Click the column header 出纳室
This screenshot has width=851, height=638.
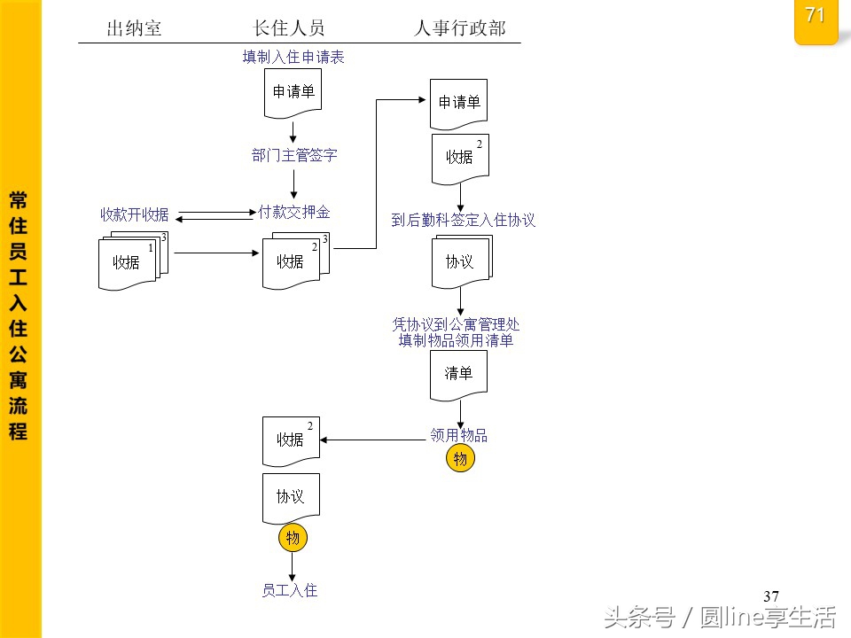tap(134, 28)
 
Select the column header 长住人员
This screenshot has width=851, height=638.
tap(291, 28)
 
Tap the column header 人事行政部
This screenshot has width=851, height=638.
tap(460, 28)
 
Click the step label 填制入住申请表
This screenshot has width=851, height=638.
tap(293, 58)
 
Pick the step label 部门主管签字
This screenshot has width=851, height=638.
tap(294, 156)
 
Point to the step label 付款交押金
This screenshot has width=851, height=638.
tap(294, 213)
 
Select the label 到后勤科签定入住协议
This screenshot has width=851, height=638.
tap(464, 220)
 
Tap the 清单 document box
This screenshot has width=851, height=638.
tap(458, 374)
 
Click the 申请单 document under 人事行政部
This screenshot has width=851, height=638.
tap(458, 103)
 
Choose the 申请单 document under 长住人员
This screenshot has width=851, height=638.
tap(293, 92)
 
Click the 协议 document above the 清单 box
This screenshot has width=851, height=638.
tap(459, 262)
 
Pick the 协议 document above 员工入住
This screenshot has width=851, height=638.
tap(291, 497)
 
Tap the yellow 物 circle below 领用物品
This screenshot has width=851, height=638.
tap(460, 459)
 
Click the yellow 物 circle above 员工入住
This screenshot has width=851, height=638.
tap(293, 537)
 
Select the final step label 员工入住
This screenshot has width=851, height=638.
tap(290, 590)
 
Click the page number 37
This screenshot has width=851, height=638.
tap(770, 595)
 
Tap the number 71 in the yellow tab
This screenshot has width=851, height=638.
tap(815, 15)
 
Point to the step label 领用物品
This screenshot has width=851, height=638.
tap(458, 435)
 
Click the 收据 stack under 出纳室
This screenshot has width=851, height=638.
tap(127, 262)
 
